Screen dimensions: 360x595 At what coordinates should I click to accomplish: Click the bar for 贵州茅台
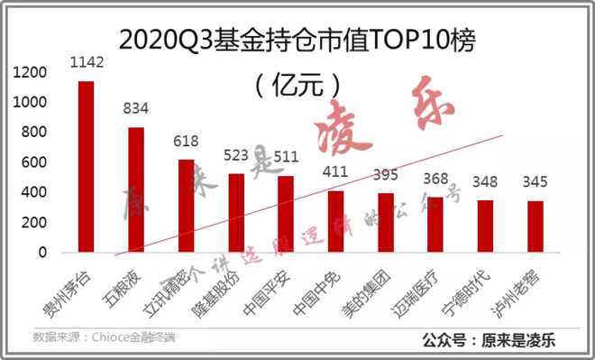pyautogui.click(x=86, y=167)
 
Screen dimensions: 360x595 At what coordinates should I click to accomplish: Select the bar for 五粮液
pyautogui.click(x=135, y=189)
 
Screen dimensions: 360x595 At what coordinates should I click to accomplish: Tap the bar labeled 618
pyautogui.click(x=186, y=206)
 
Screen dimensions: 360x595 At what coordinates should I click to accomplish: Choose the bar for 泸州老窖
pyautogui.click(x=535, y=226)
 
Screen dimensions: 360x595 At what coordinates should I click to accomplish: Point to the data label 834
pyautogui.click(x=135, y=108)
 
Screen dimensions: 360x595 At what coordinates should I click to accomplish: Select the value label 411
pyautogui.click(x=335, y=171)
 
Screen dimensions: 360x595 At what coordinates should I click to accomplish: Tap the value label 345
pyautogui.click(x=535, y=181)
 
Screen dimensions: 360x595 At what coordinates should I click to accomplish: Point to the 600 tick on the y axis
pyautogui.click(x=36, y=162)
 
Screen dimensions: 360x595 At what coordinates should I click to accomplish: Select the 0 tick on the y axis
pyautogui.click(x=43, y=253)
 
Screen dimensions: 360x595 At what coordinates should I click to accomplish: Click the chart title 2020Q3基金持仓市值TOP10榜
pyautogui.click(x=297, y=40)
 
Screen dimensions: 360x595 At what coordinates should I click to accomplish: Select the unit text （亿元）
pyautogui.click(x=297, y=87)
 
